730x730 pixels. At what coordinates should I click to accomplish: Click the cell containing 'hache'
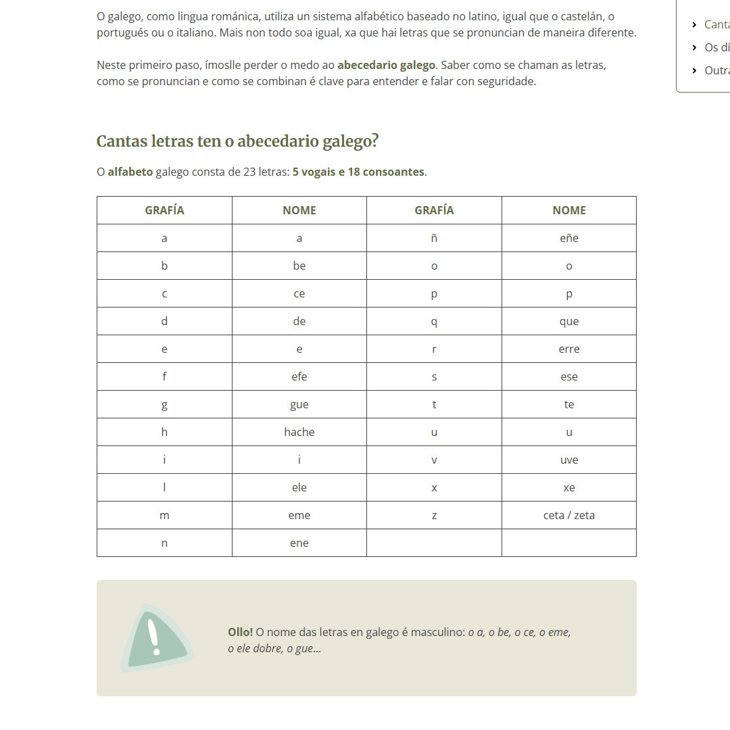coord(299,432)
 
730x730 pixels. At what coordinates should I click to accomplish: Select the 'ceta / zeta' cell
coord(568,515)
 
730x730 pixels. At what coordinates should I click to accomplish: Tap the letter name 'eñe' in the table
coord(568,238)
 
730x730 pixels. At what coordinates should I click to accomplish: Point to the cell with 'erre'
coord(568,349)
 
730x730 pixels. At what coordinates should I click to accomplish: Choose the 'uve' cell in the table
coord(568,460)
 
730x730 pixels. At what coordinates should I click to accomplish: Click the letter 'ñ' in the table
coord(434,238)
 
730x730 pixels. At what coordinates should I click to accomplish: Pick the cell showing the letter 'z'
coord(434,515)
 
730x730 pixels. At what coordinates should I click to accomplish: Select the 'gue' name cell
coord(299,404)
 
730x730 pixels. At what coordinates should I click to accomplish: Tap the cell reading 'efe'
coord(299,376)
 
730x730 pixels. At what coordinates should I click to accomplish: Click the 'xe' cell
coord(568,487)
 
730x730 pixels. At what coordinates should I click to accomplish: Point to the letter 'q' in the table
coord(434,321)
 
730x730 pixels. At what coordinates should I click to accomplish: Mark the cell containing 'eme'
coord(299,515)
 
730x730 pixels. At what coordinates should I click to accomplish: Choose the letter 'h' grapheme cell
coord(164,432)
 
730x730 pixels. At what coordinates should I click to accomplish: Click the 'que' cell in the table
coord(568,321)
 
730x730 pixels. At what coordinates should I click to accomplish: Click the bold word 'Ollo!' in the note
coord(240,632)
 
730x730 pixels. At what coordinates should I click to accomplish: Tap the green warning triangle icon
coord(155,638)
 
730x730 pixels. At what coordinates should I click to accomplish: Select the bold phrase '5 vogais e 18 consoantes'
coord(358,172)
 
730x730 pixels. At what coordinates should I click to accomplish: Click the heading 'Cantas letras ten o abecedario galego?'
coord(237,141)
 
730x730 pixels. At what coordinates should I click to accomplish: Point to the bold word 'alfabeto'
coord(130,172)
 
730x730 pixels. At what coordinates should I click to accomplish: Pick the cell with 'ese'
coord(568,376)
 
